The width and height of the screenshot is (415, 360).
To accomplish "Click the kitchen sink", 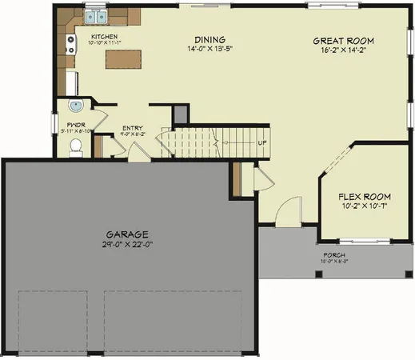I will (95, 16).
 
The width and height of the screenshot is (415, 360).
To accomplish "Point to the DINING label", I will (209, 40).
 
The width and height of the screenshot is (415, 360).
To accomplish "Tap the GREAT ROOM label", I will (343, 41).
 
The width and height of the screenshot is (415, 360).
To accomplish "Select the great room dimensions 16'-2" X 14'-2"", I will (343, 50).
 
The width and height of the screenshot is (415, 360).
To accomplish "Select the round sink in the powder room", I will (76, 106).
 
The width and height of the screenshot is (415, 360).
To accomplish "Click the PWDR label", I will (76, 126).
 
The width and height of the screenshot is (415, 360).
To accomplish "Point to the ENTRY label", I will (132, 128).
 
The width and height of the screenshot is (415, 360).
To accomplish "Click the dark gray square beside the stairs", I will (182, 115).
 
